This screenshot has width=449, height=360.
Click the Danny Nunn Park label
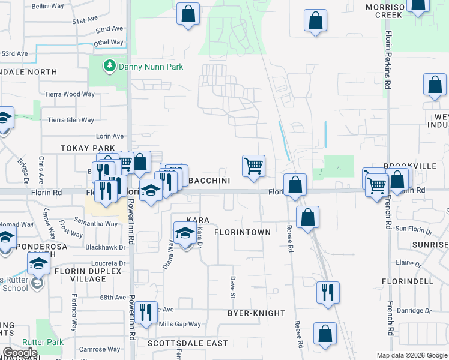(x=151, y=67)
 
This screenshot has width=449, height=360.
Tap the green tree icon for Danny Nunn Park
(x=110, y=65)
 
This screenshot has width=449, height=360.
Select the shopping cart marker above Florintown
(x=253, y=166)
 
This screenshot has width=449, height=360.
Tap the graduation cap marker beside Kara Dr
(x=185, y=233)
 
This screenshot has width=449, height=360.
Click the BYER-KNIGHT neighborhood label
(x=256, y=313)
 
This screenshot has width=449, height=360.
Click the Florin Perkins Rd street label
(x=388, y=60)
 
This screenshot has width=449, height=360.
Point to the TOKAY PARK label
(x=87, y=148)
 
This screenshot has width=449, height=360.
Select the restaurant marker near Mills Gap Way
(x=146, y=313)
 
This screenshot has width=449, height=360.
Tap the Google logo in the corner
(x=20, y=353)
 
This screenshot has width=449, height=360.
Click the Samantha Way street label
(x=95, y=224)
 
